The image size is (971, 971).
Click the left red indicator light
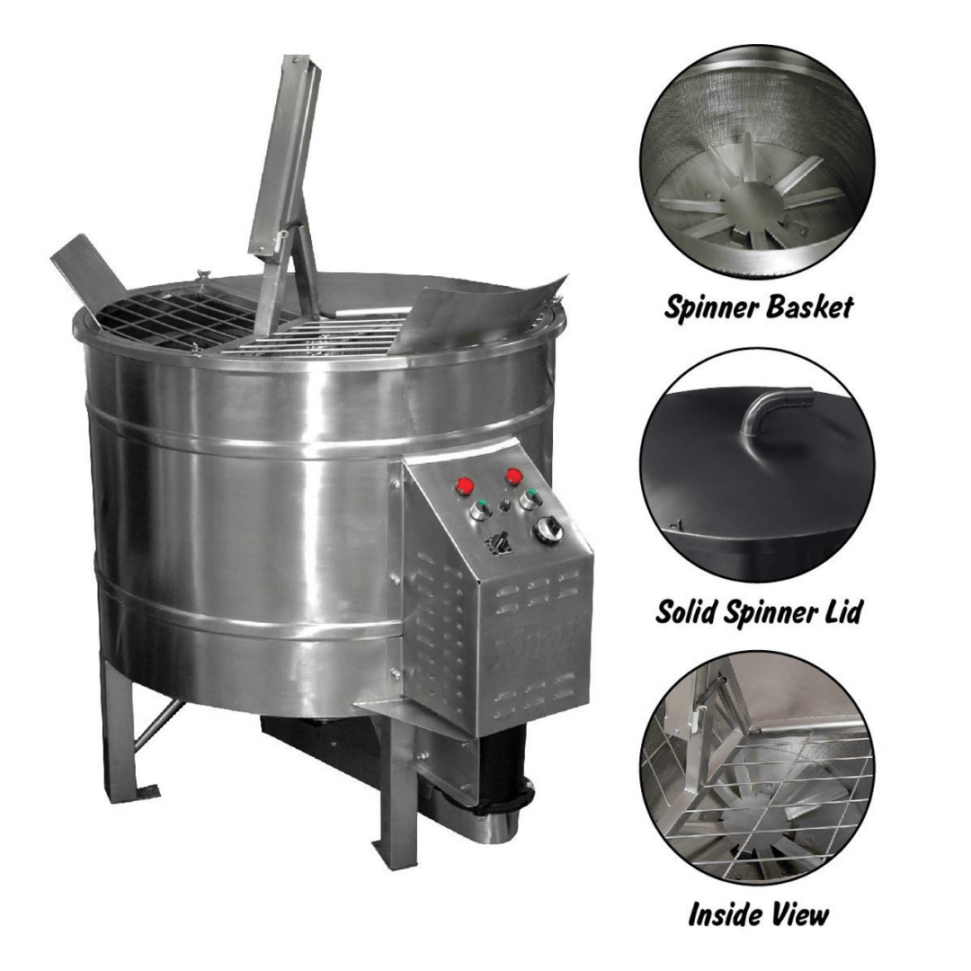[465, 486]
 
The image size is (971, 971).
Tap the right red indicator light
[514, 476]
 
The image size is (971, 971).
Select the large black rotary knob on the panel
[548, 530]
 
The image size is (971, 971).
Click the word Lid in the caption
[841, 611]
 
